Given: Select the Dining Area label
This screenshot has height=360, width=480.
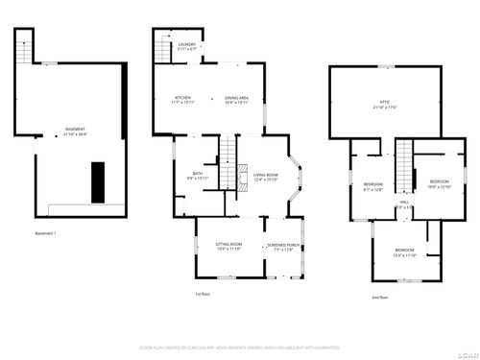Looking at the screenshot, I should pyautogui.click(x=237, y=100).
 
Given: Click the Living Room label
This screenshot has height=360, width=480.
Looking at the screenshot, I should pyautogui.click(x=265, y=177).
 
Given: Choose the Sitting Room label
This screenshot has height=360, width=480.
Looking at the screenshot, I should pyautogui.click(x=228, y=247).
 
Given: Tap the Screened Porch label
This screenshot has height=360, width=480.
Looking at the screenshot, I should pyautogui.click(x=283, y=247).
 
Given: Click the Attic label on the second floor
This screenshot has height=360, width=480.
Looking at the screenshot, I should pyautogui.click(x=384, y=103).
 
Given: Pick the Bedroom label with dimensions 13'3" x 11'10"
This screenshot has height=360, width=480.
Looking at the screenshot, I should pyautogui.click(x=404, y=253).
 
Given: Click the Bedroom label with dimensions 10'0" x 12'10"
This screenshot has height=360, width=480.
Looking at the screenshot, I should pyautogui.click(x=439, y=183).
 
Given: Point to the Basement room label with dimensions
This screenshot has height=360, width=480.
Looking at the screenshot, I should pyautogui.click(x=74, y=132).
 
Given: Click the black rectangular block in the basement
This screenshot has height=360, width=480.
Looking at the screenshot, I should pyautogui.click(x=98, y=181).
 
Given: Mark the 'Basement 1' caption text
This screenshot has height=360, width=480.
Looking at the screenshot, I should pyautogui.click(x=46, y=234).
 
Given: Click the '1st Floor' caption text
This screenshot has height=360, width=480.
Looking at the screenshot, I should pyautogui.click(x=203, y=294).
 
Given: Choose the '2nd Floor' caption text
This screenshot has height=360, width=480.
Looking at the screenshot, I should pyautogui.click(x=380, y=298).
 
